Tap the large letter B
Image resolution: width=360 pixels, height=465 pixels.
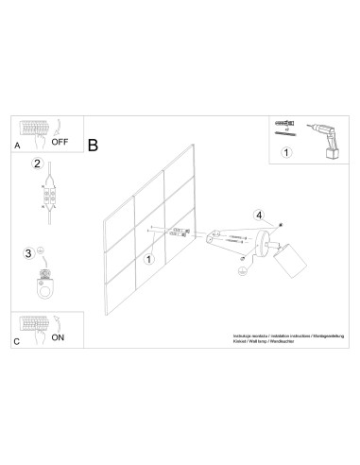click(93, 146)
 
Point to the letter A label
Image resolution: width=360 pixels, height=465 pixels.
click(17, 147)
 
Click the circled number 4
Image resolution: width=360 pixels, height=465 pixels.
click(261, 214)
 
